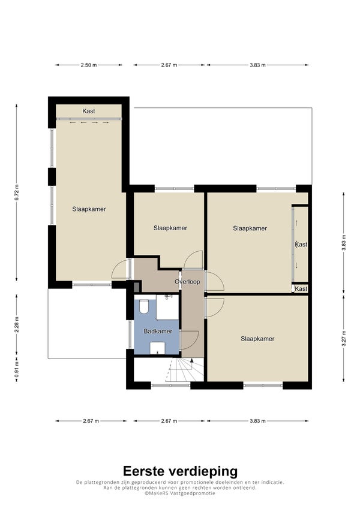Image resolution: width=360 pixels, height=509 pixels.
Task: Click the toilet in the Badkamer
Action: pos(143,306)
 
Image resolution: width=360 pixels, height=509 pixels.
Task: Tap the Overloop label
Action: pos(187,282)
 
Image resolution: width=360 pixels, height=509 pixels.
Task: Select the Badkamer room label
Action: pos(158,332)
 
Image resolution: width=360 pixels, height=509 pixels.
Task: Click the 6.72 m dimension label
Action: pos(17,192)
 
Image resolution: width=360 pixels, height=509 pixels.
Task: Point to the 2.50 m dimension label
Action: pos(89,65)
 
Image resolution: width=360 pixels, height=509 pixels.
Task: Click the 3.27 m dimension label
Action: pos(344,338)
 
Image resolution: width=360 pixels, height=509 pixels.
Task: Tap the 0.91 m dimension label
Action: pos(17,369)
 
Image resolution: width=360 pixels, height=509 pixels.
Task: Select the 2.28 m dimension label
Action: pos(17,324)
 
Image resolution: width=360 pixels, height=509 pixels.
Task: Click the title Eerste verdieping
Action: pos(180,471)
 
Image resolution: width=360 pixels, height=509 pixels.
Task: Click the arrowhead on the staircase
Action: pos(192,360)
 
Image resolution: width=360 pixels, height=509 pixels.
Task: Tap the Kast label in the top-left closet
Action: pos(89,111)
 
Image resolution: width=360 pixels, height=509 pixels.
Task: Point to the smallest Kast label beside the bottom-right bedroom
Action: pos(301,288)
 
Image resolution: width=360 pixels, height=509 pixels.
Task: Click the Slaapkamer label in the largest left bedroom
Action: pos(89,209)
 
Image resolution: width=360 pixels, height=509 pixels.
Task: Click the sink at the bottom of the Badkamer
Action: pos(158,348)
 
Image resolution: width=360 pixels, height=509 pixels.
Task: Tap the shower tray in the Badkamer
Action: pos(167,307)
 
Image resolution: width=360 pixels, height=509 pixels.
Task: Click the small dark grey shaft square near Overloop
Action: pos(137,287)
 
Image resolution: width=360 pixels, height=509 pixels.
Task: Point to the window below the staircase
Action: pos(170,385)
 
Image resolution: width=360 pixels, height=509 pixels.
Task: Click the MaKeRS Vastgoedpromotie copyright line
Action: pos(180,493)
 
